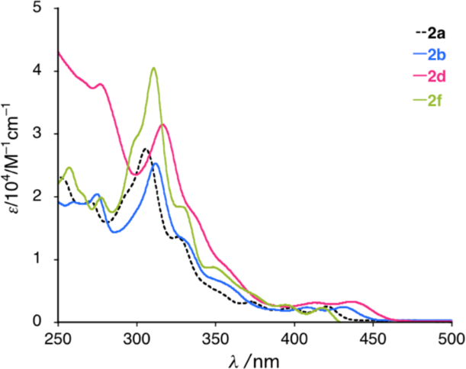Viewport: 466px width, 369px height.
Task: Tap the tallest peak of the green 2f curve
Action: pyautogui.click(x=154, y=68)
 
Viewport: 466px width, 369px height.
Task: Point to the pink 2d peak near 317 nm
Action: pyautogui.click(x=163, y=124)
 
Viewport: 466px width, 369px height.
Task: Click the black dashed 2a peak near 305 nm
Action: pyautogui.click(x=144, y=149)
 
